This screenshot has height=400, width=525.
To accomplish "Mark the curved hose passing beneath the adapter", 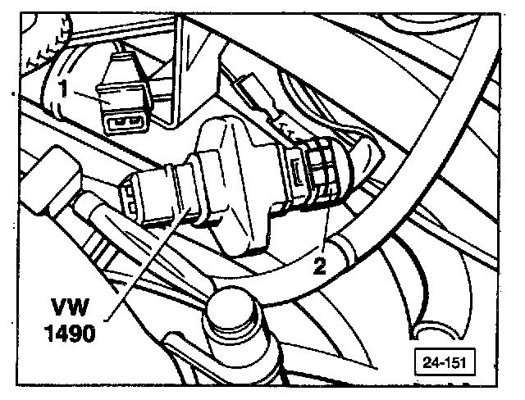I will (x=271, y=275).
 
